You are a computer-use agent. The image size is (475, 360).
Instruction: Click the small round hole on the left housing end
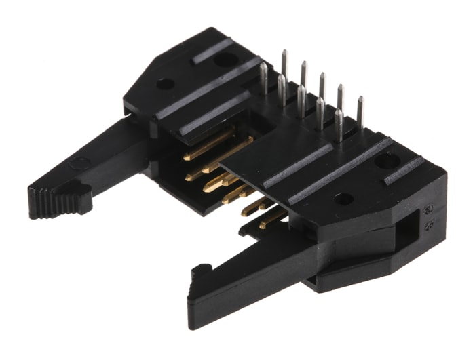click(165, 85)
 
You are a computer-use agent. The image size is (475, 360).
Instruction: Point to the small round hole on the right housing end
click(343, 199)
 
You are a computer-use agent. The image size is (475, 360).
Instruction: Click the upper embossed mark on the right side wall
click(429, 210)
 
